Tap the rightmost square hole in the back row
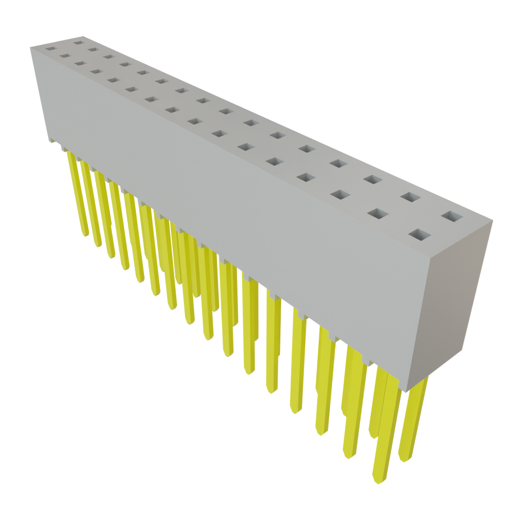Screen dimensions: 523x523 (x=451, y=216)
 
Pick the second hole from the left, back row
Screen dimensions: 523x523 (x=92, y=50)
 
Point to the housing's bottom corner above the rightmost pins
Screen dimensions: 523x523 (x=406, y=391)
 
